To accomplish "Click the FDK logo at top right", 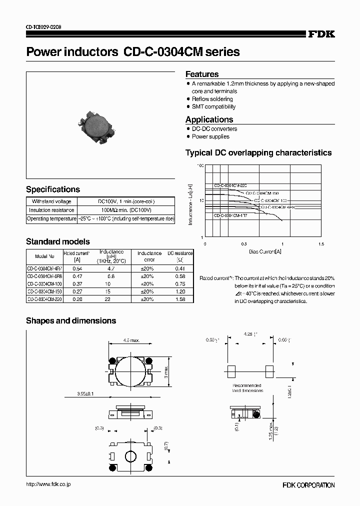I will (x=320, y=34).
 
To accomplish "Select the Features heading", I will (x=202, y=74).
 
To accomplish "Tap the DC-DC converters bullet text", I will (x=214, y=129).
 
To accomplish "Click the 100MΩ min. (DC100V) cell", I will (x=126, y=210).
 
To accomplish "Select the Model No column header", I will (x=45, y=256).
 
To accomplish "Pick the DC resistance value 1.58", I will (x=180, y=299).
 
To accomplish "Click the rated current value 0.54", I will (x=77, y=268).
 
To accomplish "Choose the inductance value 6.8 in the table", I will (x=111, y=276).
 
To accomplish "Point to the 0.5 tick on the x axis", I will (x=243, y=244).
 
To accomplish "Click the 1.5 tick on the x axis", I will (x=320, y=244).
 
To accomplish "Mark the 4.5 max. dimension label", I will (x=131, y=340).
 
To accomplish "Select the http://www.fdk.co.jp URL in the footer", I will (x=48, y=484).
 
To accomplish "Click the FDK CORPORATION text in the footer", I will (x=308, y=485).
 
